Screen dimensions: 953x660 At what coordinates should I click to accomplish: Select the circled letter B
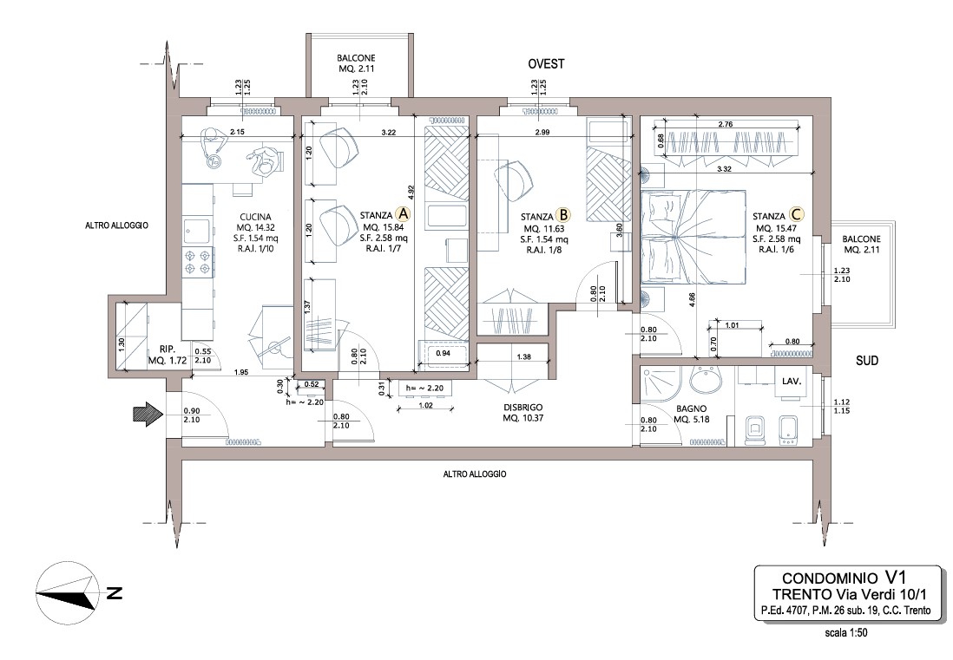563,215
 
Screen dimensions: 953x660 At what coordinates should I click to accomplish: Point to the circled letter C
796,214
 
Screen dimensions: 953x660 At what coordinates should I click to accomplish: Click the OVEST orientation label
546,64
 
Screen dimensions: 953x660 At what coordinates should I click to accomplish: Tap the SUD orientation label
867,361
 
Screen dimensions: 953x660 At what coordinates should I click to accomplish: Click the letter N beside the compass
115,593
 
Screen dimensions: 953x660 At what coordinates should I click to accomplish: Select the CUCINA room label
255,217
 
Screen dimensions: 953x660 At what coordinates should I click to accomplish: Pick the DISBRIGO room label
523,408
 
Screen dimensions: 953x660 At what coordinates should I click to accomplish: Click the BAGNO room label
691,408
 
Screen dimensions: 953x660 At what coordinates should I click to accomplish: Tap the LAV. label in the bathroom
792,382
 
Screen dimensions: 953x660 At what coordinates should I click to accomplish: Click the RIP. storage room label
168,350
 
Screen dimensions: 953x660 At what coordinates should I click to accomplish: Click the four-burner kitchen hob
200,262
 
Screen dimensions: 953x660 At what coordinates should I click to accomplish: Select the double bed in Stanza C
693,237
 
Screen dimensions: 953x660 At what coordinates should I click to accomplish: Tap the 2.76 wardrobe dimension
725,125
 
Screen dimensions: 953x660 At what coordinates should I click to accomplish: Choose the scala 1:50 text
845,633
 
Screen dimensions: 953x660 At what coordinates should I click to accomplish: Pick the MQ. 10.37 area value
523,418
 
